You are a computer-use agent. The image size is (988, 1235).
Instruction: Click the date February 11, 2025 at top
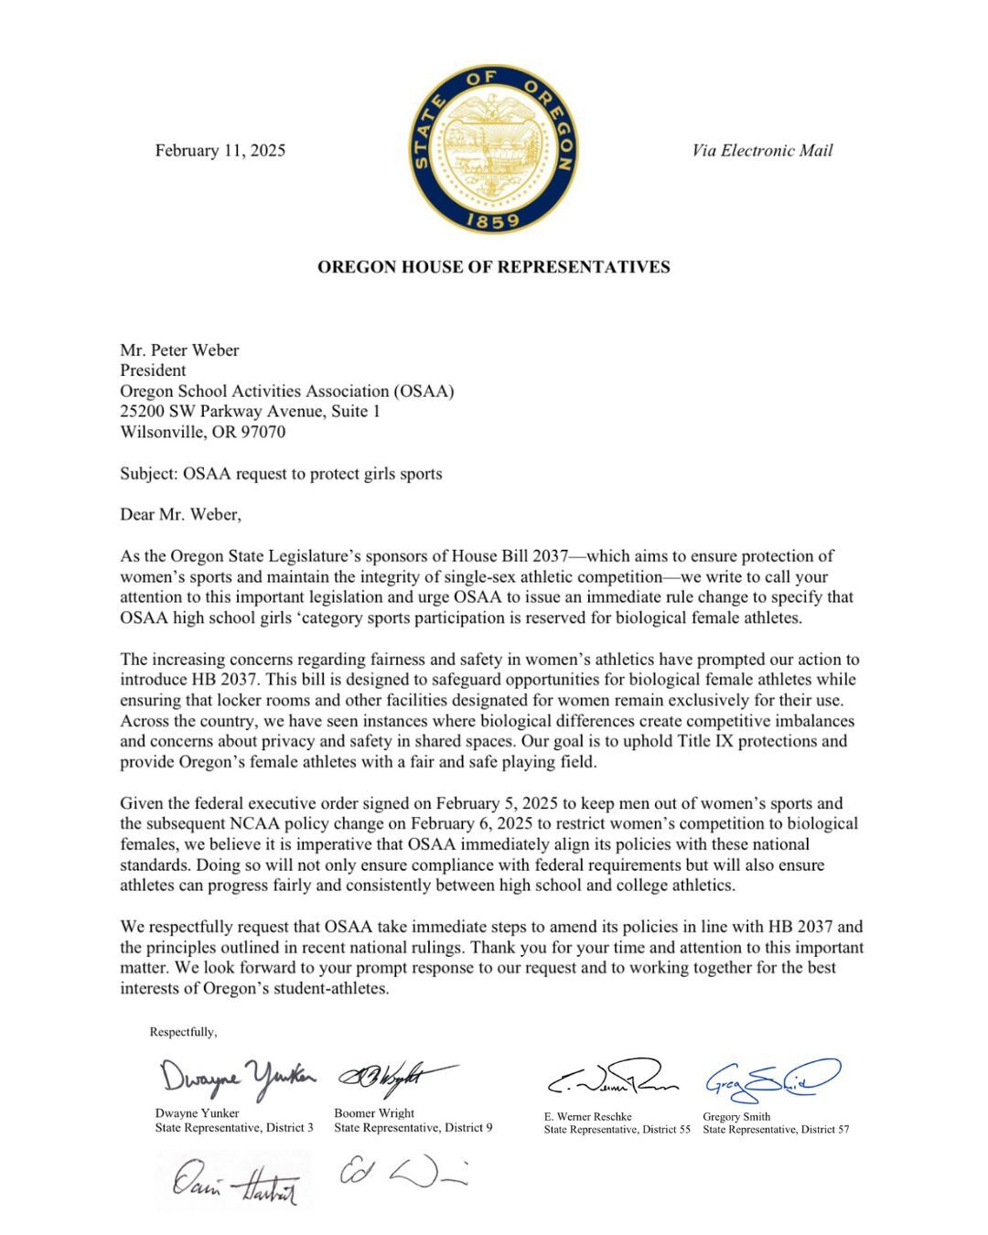[x=220, y=151]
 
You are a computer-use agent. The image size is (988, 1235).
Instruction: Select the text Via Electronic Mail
[x=762, y=151]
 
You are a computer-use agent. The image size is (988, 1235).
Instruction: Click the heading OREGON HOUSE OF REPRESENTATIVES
[x=493, y=267]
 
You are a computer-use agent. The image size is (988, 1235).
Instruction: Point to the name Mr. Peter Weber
[x=179, y=350]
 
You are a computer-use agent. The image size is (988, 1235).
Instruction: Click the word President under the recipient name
[x=153, y=370]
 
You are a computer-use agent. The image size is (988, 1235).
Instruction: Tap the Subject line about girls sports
[x=281, y=474]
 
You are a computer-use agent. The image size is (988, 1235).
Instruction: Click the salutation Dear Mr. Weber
[x=180, y=514]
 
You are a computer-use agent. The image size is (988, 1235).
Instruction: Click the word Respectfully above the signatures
[x=183, y=1032]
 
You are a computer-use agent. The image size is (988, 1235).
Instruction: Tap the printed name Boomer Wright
[x=374, y=1113]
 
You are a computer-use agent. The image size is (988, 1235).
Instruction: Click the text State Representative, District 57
[x=776, y=1130]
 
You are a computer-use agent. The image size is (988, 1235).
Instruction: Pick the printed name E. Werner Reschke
[x=587, y=1116]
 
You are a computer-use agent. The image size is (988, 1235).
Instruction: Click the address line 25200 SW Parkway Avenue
[x=250, y=412]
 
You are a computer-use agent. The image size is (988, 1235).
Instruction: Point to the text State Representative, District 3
[x=234, y=1128]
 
